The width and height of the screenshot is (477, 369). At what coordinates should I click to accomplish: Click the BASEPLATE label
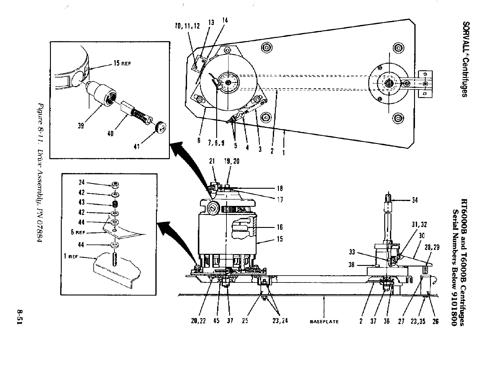[324, 322]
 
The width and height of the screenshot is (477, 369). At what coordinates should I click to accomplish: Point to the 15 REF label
[122, 64]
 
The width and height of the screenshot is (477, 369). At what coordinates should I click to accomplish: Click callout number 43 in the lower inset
[81, 203]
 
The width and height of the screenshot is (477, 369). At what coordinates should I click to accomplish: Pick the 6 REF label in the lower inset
[78, 232]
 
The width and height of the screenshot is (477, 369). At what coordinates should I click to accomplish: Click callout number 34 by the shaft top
[415, 200]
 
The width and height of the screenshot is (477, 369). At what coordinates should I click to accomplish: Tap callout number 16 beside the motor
[280, 227]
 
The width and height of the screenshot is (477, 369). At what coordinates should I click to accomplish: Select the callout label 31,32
[419, 225]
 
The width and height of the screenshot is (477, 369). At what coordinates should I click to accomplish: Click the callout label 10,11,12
[188, 26]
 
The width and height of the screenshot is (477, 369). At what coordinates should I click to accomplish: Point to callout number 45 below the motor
[216, 321]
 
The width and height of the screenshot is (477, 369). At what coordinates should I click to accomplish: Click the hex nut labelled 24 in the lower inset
[114, 185]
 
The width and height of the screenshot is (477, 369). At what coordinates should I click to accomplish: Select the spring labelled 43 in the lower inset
[114, 204]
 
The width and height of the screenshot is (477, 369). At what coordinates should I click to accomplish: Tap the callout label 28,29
[432, 248]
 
